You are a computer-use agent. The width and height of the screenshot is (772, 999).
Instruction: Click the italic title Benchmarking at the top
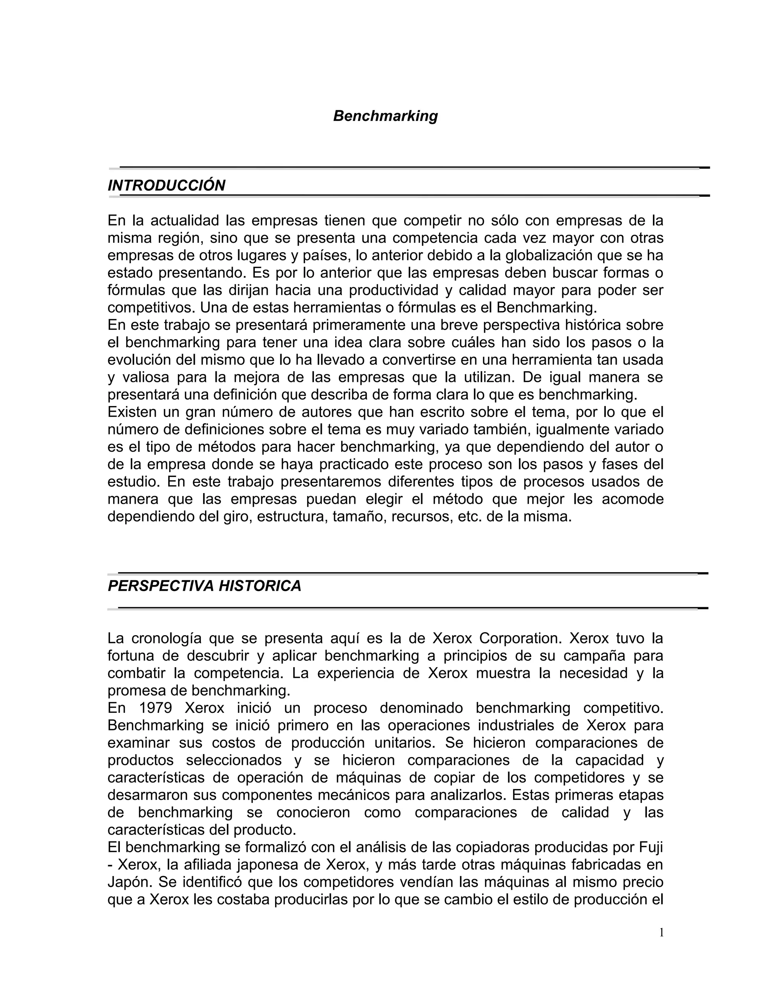pos(385,116)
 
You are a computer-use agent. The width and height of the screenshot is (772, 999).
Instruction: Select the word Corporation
pos(517,638)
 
